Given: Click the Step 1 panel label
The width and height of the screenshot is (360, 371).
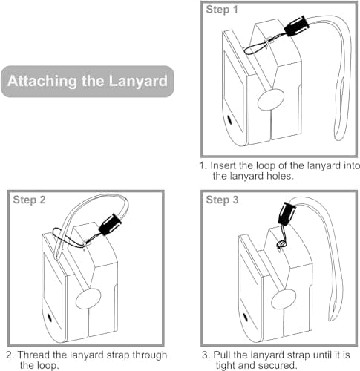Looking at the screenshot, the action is (x=222, y=10).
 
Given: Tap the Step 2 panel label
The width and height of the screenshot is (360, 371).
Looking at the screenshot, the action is (x=29, y=200).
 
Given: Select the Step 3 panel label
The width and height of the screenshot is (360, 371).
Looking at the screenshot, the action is (x=222, y=200).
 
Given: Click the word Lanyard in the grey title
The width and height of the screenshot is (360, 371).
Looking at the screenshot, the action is (x=138, y=81).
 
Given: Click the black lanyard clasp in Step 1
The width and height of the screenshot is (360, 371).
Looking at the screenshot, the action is (x=297, y=26).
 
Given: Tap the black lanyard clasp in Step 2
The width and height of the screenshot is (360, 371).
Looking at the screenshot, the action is (x=110, y=225).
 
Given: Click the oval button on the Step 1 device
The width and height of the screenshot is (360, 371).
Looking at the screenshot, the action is (x=271, y=99).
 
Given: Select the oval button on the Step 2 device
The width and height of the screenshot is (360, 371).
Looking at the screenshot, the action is (x=88, y=299).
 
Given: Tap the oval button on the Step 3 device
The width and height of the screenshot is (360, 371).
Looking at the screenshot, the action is (x=284, y=298).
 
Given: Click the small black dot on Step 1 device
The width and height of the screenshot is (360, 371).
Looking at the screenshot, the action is (x=229, y=119).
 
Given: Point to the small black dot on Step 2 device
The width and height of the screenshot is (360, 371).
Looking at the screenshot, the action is (x=49, y=318).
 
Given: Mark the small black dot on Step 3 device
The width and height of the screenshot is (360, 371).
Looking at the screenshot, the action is (x=246, y=317).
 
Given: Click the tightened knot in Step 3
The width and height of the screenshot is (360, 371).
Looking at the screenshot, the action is (x=281, y=244).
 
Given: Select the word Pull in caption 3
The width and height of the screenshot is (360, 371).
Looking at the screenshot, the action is (x=222, y=355).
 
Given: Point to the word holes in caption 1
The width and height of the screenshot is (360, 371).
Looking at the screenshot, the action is (x=280, y=176).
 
